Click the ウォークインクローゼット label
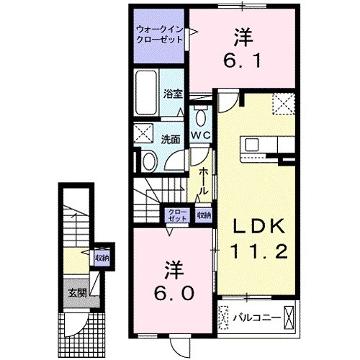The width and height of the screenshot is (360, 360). tap(158, 34)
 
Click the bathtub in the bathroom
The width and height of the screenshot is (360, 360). tap(147, 93)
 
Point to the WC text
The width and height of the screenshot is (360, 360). tap(200, 135)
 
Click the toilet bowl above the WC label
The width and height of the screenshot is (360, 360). tap(201, 117)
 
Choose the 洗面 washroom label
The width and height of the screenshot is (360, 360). tap(170, 139)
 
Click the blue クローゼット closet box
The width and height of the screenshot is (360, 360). tap(176, 214)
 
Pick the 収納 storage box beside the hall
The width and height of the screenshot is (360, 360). tap(204, 214)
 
